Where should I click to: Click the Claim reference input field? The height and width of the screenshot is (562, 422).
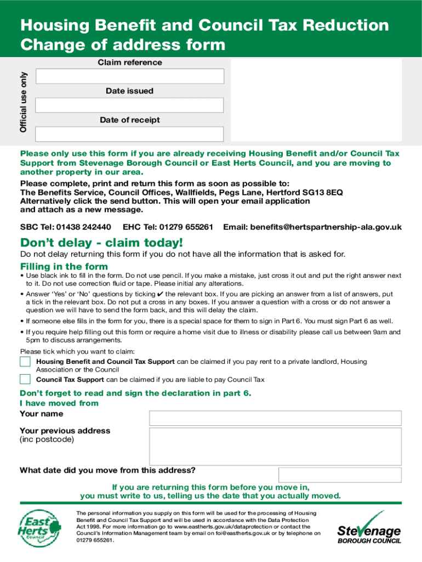click(x=129, y=76)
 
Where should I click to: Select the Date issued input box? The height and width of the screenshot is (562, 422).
click(x=129, y=105)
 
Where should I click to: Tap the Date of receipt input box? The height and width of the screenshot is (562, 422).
click(x=129, y=134)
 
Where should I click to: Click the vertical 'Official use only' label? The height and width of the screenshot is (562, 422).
click(x=23, y=102)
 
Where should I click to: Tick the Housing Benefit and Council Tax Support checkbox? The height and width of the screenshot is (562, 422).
click(x=25, y=362)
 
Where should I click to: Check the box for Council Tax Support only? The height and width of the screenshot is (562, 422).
click(x=25, y=379)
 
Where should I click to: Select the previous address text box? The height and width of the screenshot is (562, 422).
click(x=275, y=446)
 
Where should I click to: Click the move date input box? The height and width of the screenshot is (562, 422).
click(x=339, y=475)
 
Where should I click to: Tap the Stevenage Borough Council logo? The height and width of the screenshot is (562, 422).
click(x=369, y=528)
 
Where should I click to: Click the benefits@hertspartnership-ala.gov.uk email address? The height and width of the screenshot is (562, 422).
click(x=326, y=227)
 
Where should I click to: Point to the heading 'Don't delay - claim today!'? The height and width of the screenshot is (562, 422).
click(x=101, y=243)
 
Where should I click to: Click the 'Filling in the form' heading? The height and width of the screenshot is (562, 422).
click(x=64, y=267)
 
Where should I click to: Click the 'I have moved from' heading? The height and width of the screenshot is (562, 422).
click(x=59, y=403)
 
